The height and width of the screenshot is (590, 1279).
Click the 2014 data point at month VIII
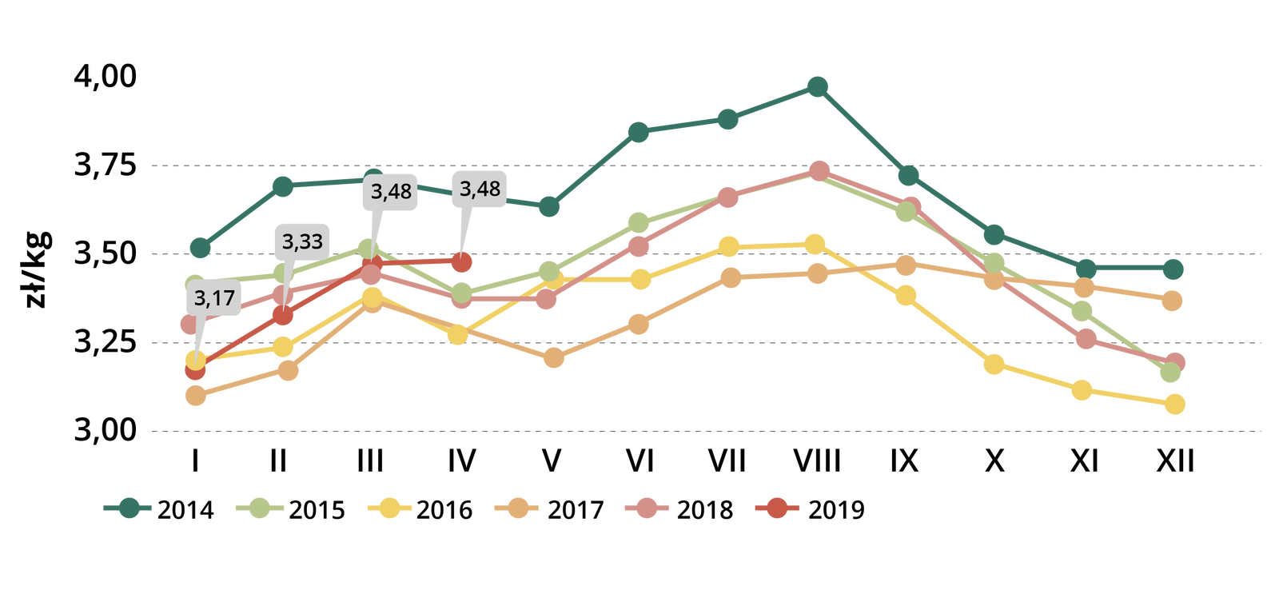[817, 86]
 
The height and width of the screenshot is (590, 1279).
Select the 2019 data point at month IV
[461, 261]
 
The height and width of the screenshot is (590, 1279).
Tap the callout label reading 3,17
[214, 299]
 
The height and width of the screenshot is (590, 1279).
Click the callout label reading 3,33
[302, 241]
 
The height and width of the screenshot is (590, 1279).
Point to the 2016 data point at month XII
[1174, 405]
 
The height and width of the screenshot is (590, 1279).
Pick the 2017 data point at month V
[553, 358]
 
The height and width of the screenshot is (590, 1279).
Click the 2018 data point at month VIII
[819, 171]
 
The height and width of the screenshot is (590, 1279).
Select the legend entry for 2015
[292, 509]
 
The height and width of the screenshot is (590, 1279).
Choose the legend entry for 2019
[811, 509]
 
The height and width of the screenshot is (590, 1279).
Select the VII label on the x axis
[727, 461]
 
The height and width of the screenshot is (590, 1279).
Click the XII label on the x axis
[1175, 461]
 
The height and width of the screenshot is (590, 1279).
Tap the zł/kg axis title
[36, 269]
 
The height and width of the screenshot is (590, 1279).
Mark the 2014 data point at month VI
[638, 132]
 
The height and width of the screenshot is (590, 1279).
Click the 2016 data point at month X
[994, 365]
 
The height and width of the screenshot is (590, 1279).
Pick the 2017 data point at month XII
[1173, 301]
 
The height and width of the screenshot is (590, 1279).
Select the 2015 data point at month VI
[638, 222]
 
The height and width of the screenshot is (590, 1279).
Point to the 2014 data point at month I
[201, 248]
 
